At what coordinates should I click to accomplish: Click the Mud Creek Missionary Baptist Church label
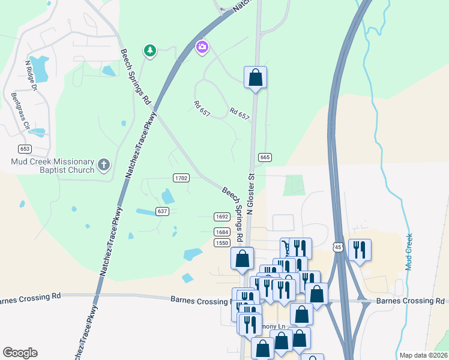pos(53,166)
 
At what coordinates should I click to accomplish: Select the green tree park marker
pos(149,50)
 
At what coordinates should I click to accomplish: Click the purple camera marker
pos(202,46)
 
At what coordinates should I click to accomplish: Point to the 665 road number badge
pos(265,157)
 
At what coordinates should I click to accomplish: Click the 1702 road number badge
pos(181,178)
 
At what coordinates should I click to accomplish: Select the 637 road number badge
pos(162,211)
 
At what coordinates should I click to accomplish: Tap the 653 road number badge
pos(25,149)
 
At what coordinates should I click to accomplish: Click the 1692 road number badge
pos(221,217)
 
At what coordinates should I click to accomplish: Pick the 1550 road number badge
pos(221,242)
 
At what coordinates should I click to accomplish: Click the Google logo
pos(20,353)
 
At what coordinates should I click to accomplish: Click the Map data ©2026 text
pos(423,355)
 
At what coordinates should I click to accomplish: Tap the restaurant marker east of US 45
pos(360,249)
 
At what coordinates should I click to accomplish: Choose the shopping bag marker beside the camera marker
pos(255,77)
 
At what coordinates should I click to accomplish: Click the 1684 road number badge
pos(221,232)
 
